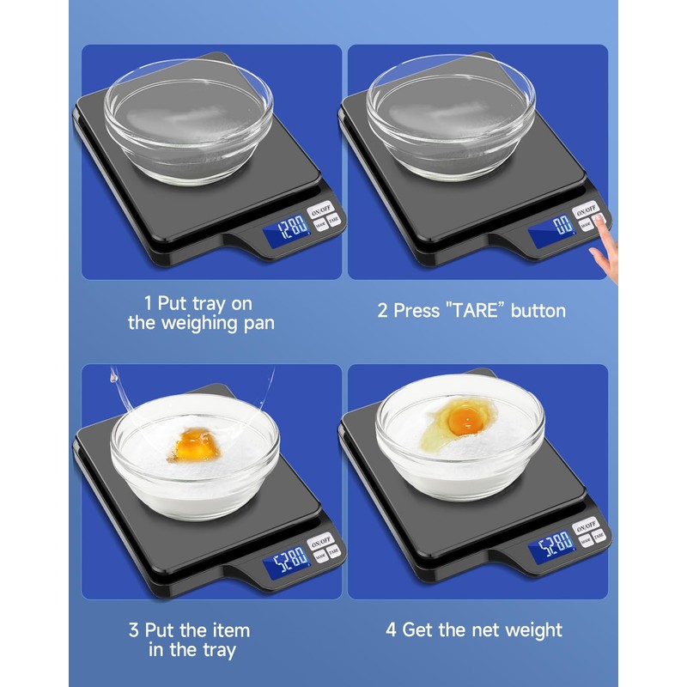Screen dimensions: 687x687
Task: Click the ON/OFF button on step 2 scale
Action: click(587, 210)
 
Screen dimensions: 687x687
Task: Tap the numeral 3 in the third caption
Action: click(134, 629)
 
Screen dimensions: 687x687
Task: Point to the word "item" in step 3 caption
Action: click(231, 629)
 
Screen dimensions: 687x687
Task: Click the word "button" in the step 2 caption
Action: click(538, 311)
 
